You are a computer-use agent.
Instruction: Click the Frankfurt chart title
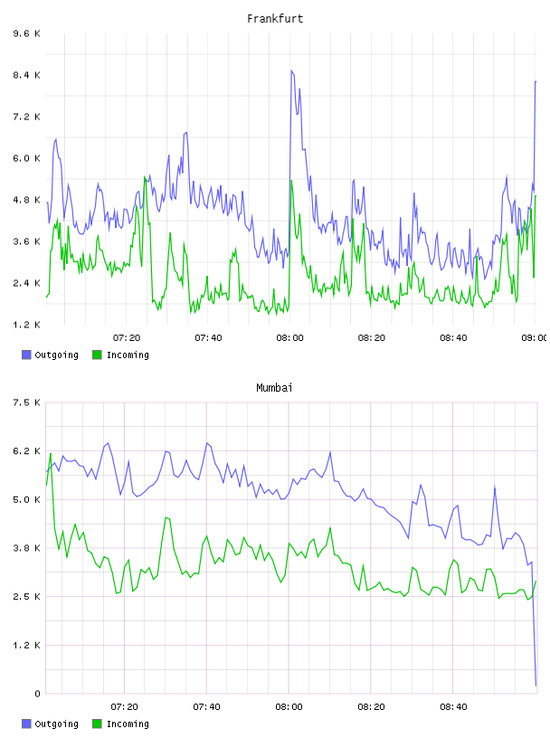pos(275,19)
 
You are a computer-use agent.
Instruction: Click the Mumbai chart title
pos(274,388)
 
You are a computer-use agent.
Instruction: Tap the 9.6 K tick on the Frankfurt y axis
pos(27,33)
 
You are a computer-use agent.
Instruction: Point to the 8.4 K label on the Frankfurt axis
pos(27,75)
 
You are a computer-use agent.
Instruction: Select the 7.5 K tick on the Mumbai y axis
pos(27,402)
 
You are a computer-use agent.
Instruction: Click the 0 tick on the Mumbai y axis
pos(37,694)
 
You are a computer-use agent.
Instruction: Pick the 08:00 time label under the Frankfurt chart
pos(289,337)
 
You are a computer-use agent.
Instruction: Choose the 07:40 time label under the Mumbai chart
pos(207,706)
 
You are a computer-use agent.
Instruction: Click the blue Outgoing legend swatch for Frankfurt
pos(26,355)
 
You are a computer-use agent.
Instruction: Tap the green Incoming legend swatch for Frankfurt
pos(97,355)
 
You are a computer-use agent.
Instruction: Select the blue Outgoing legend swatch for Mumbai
pos(26,724)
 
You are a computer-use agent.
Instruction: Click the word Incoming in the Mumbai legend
pos(128,724)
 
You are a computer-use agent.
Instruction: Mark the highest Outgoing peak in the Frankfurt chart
pos(291,71)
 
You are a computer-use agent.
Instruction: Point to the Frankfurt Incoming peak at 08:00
pos(291,181)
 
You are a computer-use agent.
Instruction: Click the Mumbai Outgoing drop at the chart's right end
pos(536,686)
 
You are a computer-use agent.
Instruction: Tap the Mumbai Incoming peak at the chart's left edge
pos(51,453)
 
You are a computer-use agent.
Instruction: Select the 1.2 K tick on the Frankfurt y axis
pos(27,325)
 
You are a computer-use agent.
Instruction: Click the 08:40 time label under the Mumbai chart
pos(453,706)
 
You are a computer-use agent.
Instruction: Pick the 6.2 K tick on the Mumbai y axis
pos(27,451)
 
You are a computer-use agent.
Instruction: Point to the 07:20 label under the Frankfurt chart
pos(127,337)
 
